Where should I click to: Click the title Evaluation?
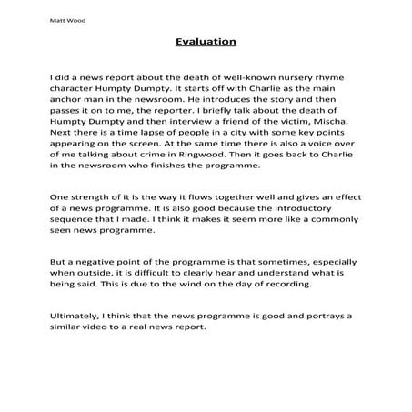[x=205, y=41]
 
